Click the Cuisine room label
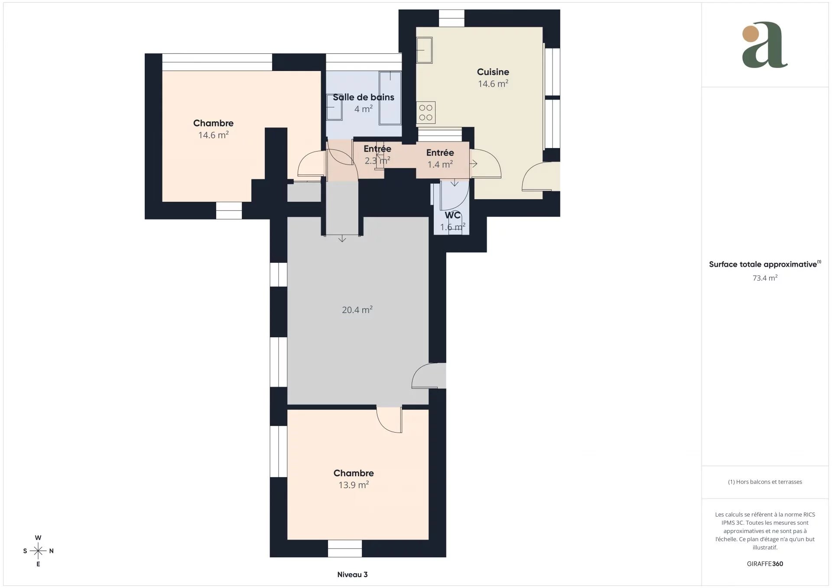493,72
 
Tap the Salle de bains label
363,97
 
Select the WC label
452,215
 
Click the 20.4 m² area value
357,310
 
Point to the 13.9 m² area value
354,485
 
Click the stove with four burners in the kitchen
426,113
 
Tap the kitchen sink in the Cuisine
424,50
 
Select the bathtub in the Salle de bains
390,98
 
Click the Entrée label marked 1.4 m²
440,153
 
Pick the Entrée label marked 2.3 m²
377,149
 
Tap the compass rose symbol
38,551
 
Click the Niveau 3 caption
352,575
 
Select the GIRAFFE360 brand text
765,564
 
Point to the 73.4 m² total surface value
765,278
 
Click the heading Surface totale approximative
763,265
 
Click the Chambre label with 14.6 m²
213,123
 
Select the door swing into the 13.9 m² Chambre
389,420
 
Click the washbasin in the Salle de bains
334,107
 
